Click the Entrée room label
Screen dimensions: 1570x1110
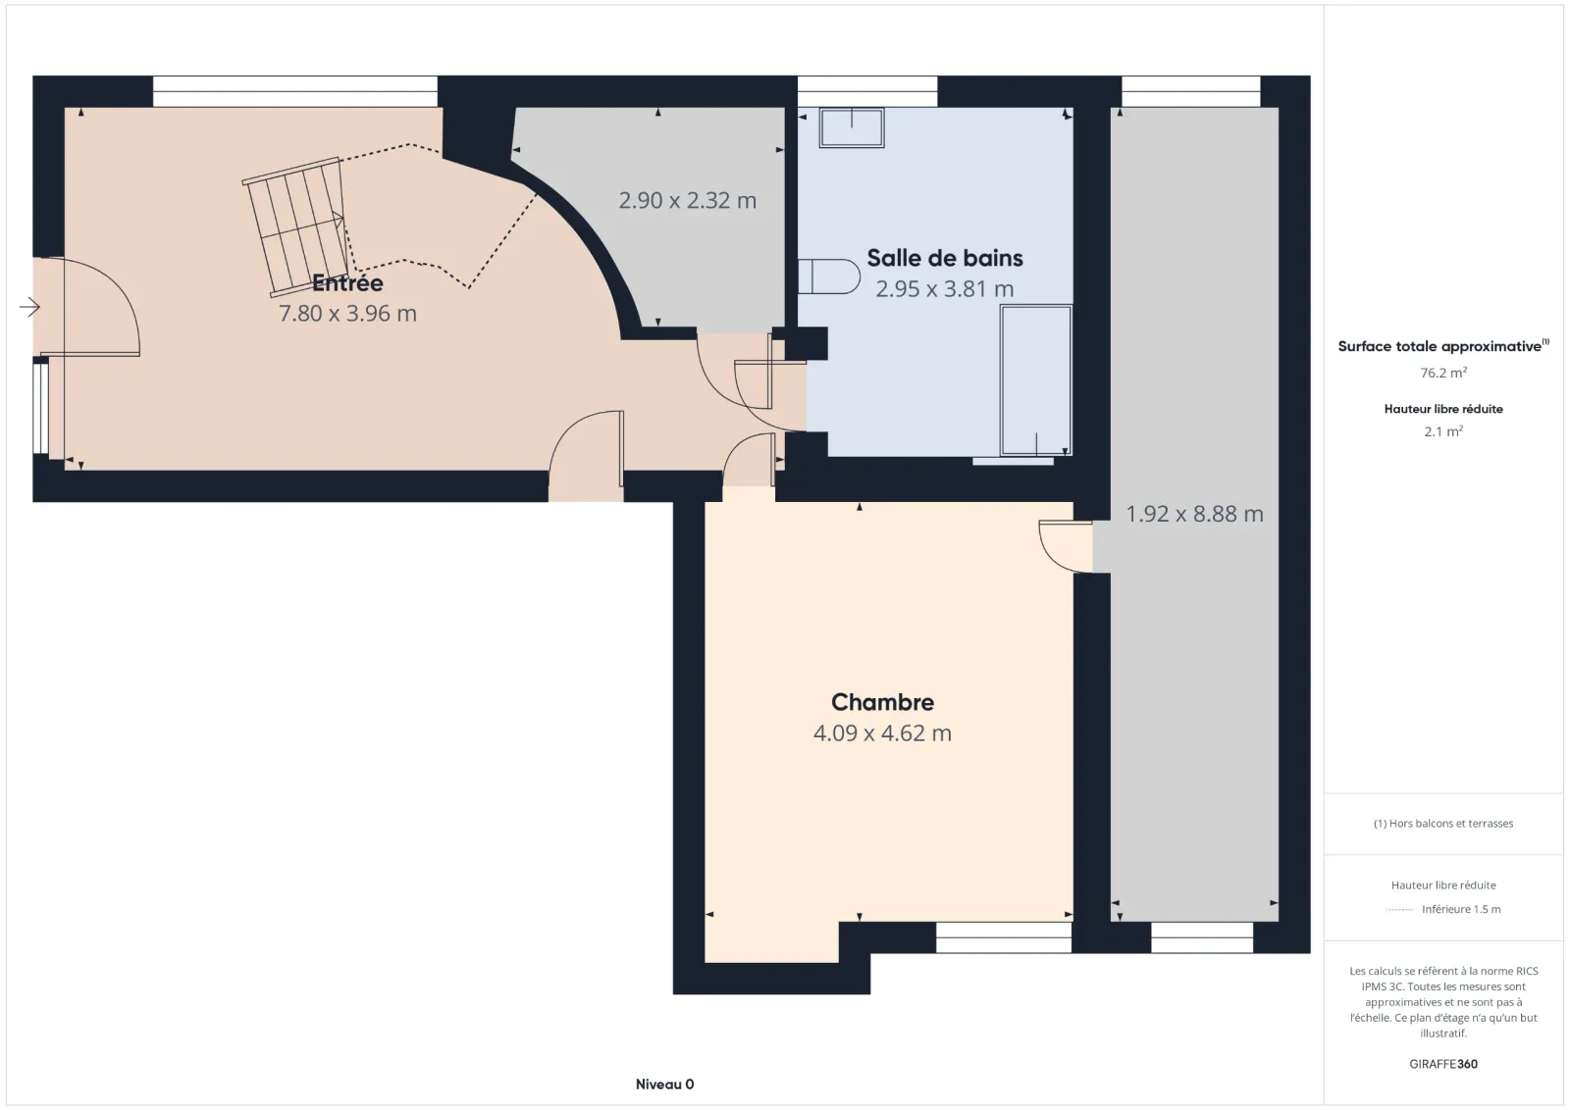click(x=347, y=283)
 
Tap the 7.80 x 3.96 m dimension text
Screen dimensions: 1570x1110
click(x=347, y=313)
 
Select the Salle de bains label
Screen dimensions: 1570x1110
click(x=945, y=258)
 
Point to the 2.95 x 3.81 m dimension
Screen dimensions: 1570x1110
click(x=945, y=288)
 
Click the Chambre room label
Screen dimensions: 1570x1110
click(x=882, y=702)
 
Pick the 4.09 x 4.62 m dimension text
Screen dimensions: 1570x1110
click(x=882, y=733)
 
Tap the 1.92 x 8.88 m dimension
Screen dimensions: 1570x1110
click(x=1194, y=514)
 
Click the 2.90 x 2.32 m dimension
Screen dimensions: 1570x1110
click(x=688, y=201)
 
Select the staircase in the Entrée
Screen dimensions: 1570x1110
click(x=296, y=227)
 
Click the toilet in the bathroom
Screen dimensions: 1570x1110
click(x=829, y=277)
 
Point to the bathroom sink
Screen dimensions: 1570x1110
click(x=852, y=127)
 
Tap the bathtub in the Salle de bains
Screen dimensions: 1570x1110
click(x=1036, y=381)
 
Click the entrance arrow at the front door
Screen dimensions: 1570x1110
click(x=29, y=307)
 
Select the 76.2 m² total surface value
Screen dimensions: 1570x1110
click(x=1443, y=373)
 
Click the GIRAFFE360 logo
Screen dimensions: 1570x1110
click(x=1443, y=1064)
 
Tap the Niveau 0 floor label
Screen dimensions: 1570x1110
click(x=664, y=1085)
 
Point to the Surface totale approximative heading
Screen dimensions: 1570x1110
click(x=1443, y=346)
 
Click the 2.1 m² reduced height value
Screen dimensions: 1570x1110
click(x=1443, y=431)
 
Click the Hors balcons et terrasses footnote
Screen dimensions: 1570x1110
click(x=1443, y=824)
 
